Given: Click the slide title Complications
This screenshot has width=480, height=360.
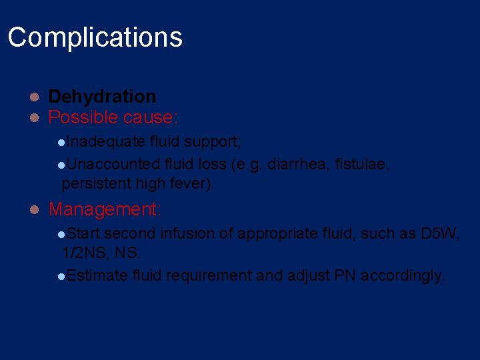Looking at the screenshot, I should pyautogui.click(x=95, y=37).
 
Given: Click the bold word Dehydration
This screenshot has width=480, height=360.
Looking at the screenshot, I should pyautogui.click(x=102, y=97).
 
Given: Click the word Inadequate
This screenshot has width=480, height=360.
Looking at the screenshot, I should pyautogui.click(x=106, y=141).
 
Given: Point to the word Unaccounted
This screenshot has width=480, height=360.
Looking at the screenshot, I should pyautogui.click(x=113, y=164).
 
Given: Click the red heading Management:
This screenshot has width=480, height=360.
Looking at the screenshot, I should pyautogui.click(x=105, y=209).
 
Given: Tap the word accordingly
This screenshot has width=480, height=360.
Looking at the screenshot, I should pyautogui.click(x=403, y=275).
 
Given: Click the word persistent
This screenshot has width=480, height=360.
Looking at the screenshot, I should pyautogui.click(x=97, y=183).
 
